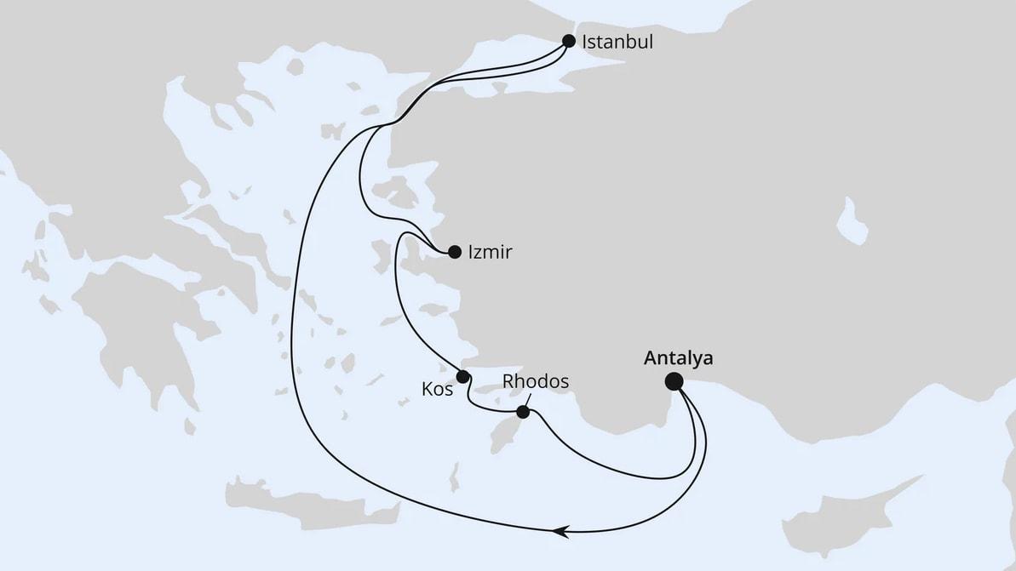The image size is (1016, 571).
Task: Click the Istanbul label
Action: coord(617,42)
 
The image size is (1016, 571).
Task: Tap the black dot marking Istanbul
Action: coord(569,40)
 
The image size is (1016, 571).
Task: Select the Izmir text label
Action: coord(491,252)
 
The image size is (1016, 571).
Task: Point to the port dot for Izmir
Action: coord(454,251)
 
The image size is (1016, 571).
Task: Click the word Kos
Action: coord(438,390)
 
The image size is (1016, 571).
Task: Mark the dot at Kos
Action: coord(462,376)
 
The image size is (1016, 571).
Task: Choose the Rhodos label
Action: coord(535,382)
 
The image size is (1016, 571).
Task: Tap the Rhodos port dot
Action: coord(523,413)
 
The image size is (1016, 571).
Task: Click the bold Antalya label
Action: coord(678,358)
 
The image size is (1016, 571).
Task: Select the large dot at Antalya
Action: coord(674,381)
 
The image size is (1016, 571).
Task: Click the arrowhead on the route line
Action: coord(559,532)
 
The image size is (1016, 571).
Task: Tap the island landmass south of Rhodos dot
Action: coord(531,437)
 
